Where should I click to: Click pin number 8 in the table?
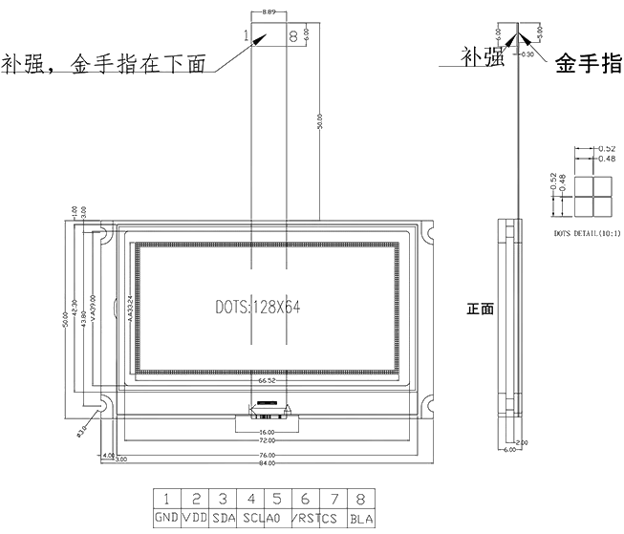click(x=360, y=498)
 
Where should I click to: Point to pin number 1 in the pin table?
click(x=166, y=498)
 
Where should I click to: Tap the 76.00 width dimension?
click(x=267, y=455)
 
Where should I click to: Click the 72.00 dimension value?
click(x=267, y=440)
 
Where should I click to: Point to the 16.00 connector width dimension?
click(x=267, y=433)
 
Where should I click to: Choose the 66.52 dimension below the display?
click(x=267, y=380)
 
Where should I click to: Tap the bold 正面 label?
click(x=481, y=310)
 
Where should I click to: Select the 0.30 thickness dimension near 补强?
click(x=528, y=54)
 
